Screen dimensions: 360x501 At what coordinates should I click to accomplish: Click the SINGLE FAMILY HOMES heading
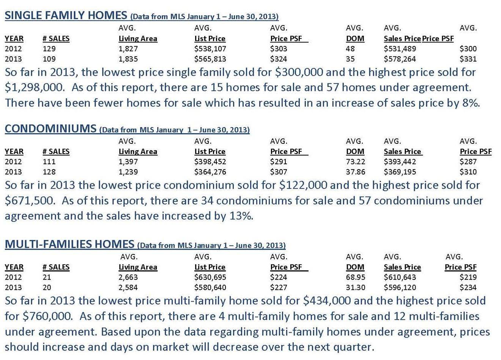[66, 15]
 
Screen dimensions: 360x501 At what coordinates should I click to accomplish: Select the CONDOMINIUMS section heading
[50, 129]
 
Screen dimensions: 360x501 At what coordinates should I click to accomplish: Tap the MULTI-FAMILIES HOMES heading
[69, 244]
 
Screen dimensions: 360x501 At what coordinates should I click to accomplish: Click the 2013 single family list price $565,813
[210, 59]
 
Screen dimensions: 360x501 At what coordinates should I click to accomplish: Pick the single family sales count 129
[49, 49]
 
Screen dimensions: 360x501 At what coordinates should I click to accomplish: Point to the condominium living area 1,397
[128, 162]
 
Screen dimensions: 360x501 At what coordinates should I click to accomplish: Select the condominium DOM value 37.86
[355, 172]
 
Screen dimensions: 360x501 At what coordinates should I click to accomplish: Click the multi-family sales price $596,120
[400, 288]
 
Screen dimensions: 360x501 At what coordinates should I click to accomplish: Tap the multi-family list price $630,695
[210, 277]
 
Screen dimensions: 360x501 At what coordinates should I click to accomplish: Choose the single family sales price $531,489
[400, 49]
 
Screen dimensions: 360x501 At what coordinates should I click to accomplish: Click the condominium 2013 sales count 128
[49, 172]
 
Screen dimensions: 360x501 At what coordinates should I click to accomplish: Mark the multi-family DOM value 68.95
[355, 277]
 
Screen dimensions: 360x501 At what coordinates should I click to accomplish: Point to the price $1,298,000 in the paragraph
[35, 88]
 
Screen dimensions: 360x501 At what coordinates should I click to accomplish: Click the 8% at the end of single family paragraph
[471, 103]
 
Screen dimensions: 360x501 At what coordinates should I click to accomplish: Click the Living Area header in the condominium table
[138, 151]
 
